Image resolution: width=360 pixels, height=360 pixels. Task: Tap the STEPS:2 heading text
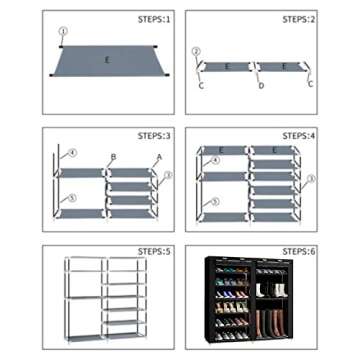(x=299, y=19)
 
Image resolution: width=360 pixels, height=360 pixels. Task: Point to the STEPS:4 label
(x=299, y=133)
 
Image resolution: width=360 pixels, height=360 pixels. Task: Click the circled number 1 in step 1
(x=62, y=31)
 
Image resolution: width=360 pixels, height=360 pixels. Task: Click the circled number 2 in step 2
(x=196, y=50)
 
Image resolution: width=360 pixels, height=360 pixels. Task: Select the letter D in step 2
(x=261, y=86)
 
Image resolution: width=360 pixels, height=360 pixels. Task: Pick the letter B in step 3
(x=113, y=157)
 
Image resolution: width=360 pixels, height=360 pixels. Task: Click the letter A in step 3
(x=157, y=158)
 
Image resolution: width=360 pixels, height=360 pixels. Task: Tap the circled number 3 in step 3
(x=168, y=176)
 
